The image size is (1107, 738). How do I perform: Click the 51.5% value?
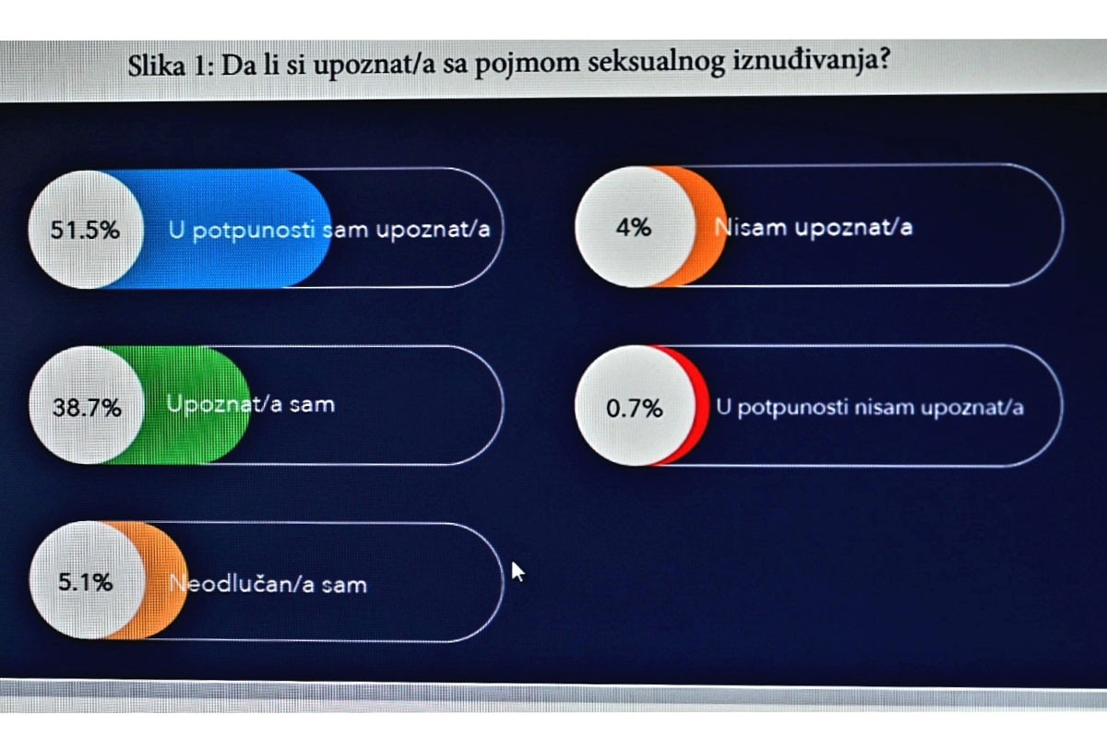click(85, 230)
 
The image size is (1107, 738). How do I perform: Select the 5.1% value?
click(85, 582)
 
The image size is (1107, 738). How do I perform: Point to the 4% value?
click(633, 227)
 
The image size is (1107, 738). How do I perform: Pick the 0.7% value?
click(634, 408)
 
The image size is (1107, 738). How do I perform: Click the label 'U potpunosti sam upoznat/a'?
click(328, 230)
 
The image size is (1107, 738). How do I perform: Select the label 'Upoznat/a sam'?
click(250, 404)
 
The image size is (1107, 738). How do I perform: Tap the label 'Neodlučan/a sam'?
click(268, 583)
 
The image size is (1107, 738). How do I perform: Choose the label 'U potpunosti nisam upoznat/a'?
click(869, 407)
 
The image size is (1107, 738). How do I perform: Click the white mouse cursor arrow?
click(518, 571)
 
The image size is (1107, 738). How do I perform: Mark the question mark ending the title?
click(883, 65)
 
